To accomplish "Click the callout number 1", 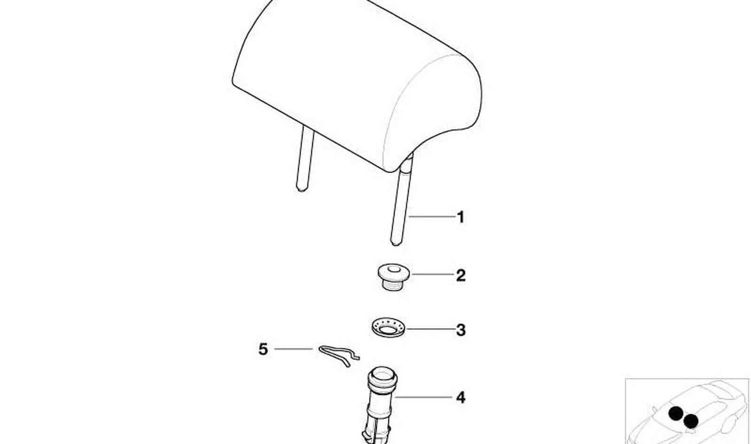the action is click(461, 217).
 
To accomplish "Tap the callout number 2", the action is click(461, 276).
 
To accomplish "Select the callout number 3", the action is click(461, 330).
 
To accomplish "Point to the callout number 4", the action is click(461, 398).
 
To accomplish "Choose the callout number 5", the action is click(263, 349).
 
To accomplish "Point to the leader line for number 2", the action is click(432, 274).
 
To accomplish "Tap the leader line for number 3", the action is click(430, 329).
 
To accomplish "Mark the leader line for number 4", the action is click(423, 397).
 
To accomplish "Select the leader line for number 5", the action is click(294, 349).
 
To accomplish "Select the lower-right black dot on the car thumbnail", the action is click(691, 421).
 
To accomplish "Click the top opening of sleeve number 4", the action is click(383, 373).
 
